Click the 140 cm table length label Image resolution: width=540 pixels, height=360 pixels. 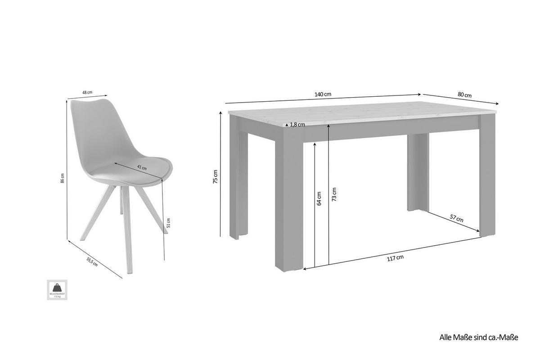point(323,94)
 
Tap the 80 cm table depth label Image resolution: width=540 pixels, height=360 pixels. point(464,95)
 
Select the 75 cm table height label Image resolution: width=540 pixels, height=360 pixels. point(215,177)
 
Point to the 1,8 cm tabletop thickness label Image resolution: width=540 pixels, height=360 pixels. point(297,125)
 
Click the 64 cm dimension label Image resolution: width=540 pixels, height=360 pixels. point(319,199)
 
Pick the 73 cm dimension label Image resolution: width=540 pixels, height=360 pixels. point(333,194)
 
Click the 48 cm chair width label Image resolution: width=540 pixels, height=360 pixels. point(87,92)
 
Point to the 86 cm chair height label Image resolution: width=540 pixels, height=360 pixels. point(63,178)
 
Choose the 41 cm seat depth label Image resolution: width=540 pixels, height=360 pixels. point(142,167)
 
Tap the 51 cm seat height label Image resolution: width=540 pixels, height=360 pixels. point(168,223)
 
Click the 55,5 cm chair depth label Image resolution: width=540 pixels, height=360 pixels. point(93,261)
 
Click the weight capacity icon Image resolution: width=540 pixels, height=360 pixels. point(57,289)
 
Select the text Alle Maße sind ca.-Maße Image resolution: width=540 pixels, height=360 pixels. point(479,337)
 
